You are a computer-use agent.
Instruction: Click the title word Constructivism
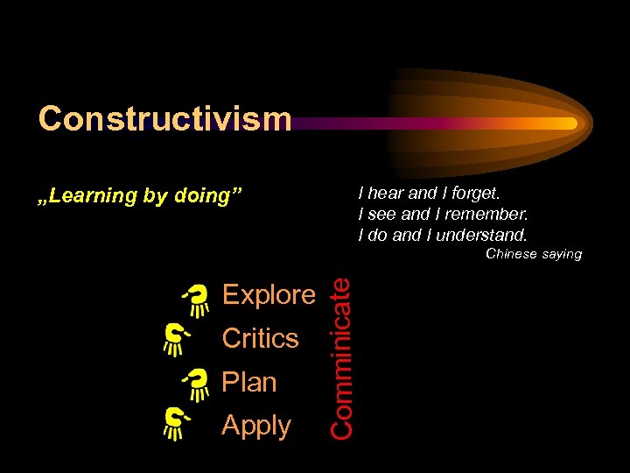click(x=164, y=118)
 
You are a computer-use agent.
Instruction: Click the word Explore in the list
click(x=269, y=295)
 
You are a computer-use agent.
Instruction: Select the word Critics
click(x=260, y=338)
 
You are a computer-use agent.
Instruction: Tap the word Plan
click(x=249, y=382)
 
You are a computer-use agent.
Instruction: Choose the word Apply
click(x=256, y=425)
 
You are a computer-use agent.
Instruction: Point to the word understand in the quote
click(x=484, y=234)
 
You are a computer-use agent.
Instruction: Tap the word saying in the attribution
click(x=562, y=254)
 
